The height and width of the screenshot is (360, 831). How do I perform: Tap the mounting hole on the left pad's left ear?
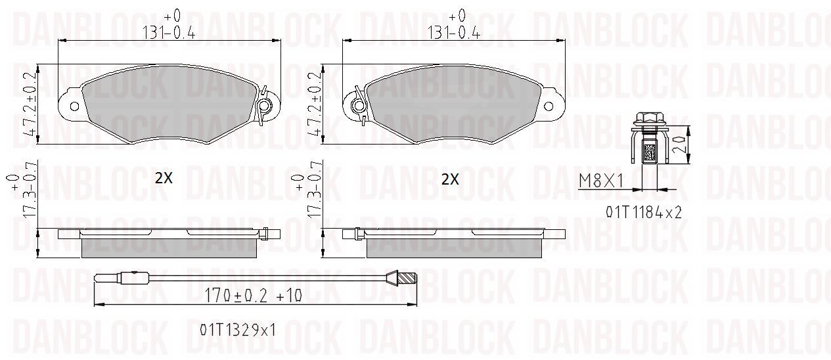pos(74,107)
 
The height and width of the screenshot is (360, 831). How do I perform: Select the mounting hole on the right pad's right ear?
pos(549,107)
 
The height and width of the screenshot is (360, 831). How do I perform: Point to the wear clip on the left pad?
pos(264,106)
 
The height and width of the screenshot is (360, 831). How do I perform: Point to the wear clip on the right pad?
pos(359,105)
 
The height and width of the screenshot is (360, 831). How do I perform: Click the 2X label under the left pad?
pos(164,179)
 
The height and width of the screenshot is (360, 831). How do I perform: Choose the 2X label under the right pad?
pos(449,179)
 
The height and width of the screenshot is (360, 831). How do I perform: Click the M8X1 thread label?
pos(601,181)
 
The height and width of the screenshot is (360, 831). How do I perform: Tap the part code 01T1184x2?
pos(644,212)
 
